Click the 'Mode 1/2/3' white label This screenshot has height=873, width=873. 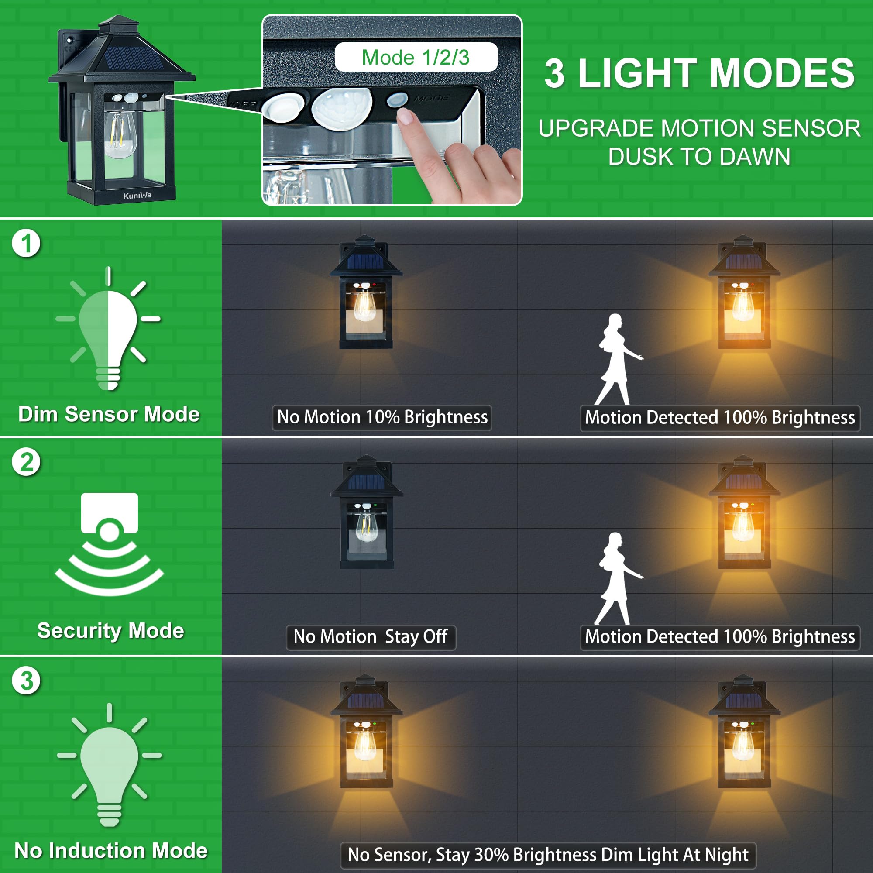(x=416, y=57)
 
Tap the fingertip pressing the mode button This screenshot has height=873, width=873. (x=406, y=117)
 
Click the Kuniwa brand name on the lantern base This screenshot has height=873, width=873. (x=137, y=196)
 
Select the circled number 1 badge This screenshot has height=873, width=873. (x=26, y=243)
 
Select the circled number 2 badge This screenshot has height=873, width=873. (x=26, y=462)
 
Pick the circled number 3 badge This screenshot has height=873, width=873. (x=26, y=681)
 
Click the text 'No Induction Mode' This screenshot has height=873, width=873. (x=111, y=850)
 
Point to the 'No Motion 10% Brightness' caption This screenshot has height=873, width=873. (x=382, y=417)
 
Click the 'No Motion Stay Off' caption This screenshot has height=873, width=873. (x=371, y=637)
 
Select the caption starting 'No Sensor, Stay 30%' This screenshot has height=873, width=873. (x=548, y=855)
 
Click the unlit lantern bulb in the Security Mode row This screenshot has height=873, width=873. (x=366, y=526)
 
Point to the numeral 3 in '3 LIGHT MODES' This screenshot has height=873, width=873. (x=554, y=74)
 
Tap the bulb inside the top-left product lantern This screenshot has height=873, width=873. (x=120, y=133)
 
